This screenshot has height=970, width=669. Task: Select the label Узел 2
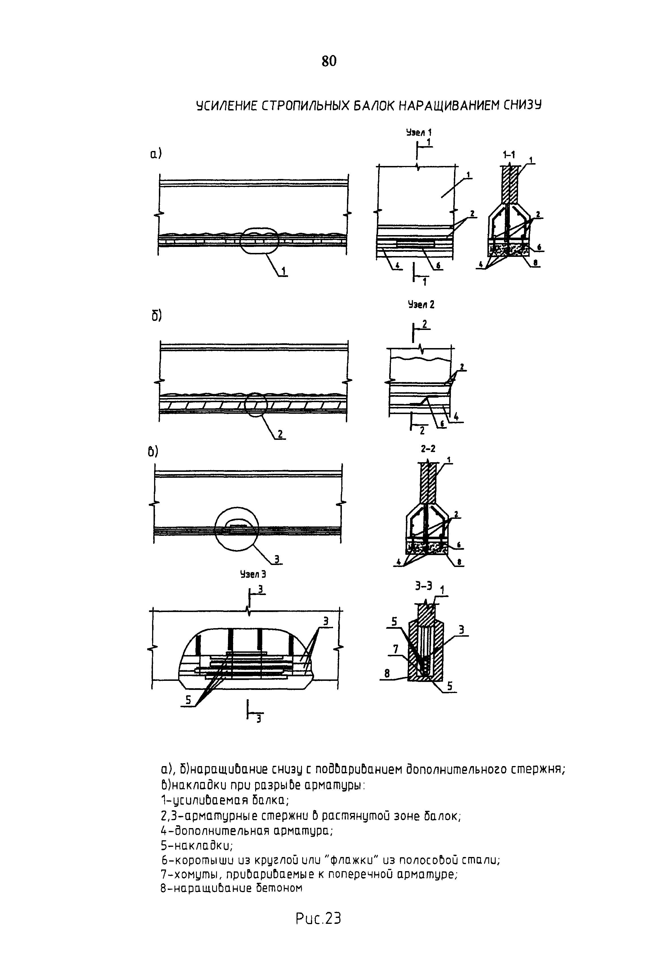pyautogui.click(x=421, y=305)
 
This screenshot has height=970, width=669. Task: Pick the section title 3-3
pyautogui.click(x=423, y=586)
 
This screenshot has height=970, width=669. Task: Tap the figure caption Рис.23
pyautogui.click(x=318, y=919)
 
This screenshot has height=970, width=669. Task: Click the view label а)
pyautogui.click(x=155, y=155)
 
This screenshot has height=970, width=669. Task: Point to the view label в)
pyautogui.click(x=153, y=452)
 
